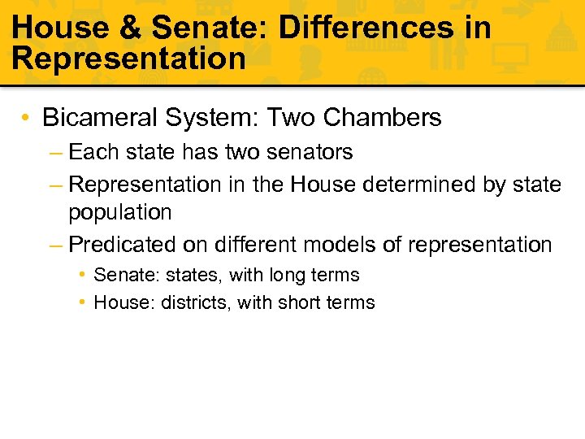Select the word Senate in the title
tap(207, 28)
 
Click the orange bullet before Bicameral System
tap(28, 119)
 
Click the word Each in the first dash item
tap(92, 152)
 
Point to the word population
tap(120, 213)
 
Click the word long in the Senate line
tap(287, 276)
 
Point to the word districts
tap(193, 302)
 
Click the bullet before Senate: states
tap(84, 276)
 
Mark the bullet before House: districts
tap(84, 302)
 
